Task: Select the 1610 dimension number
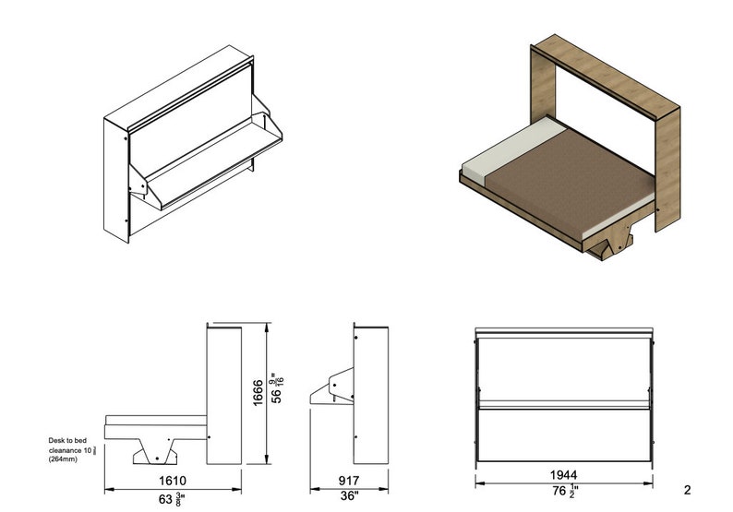click(x=174, y=481)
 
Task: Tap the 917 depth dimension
click(x=348, y=481)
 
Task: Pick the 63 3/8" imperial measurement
click(x=174, y=499)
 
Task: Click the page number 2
click(x=687, y=490)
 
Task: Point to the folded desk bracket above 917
click(x=333, y=388)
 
